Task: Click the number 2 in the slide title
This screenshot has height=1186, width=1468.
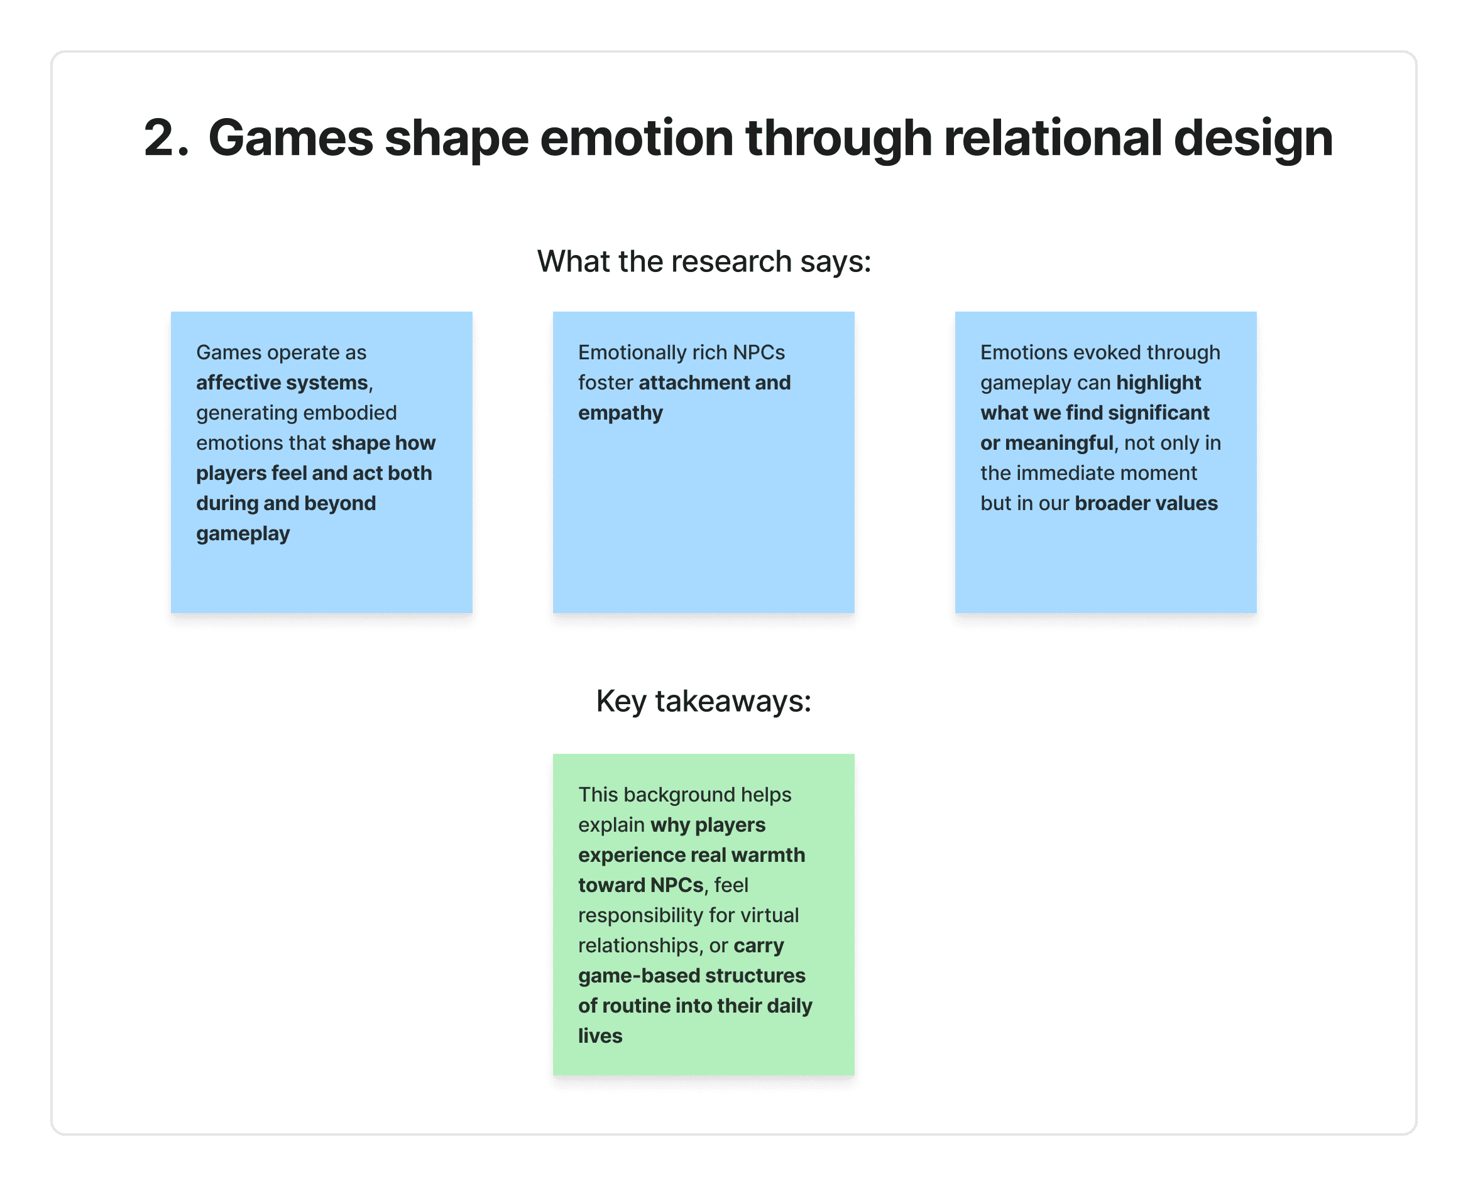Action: [x=161, y=138]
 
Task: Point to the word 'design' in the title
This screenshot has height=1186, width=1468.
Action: [x=1254, y=139]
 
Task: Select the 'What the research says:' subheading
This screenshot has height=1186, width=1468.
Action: [x=704, y=262]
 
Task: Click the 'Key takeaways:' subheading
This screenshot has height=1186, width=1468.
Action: [x=704, y=701]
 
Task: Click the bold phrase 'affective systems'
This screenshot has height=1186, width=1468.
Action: [x=282, y=383]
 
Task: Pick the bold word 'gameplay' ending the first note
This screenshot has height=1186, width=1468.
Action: [x=243, y=533]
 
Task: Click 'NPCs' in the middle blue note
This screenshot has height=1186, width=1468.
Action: [x=759, y=352]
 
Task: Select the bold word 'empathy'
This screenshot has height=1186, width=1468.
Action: [x=620, y=413]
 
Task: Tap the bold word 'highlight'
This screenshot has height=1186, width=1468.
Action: [x=1158, y=383]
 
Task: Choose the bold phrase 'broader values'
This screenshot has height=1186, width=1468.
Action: [x=1146, y=504]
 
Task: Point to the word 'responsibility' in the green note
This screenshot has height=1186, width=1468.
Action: [x=641, y=915]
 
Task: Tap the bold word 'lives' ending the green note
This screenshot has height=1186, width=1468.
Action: [x=600, y=1036]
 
